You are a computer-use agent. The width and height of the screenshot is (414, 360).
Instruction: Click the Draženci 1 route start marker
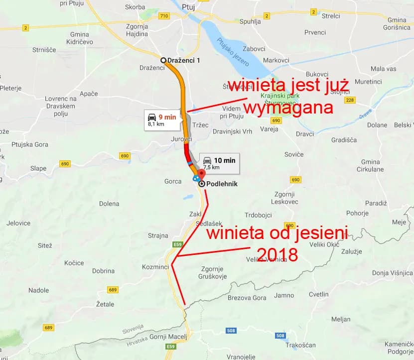tap(163, 60)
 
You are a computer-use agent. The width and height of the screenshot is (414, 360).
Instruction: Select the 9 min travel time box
tap(161, 120)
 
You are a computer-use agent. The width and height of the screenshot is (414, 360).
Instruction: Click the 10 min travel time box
tap(218, 163)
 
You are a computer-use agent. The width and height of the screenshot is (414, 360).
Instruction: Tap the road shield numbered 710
tap(164, 16)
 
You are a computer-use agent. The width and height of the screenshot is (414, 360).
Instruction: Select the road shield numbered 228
tap(350, 100)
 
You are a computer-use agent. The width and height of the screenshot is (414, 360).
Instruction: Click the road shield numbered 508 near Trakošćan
tap(280, 335)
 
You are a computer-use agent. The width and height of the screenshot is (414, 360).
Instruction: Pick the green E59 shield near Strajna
tap(178, 244)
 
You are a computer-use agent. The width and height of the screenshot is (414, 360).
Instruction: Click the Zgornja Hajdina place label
tap(137, 30)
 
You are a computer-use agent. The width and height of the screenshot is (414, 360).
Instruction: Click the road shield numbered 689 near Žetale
tap(113, 290)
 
